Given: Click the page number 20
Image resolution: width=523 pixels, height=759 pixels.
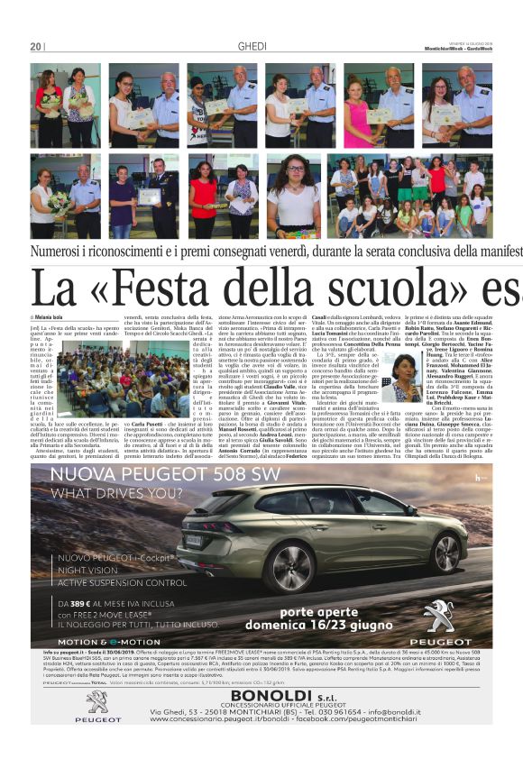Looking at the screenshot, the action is point(36,46).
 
